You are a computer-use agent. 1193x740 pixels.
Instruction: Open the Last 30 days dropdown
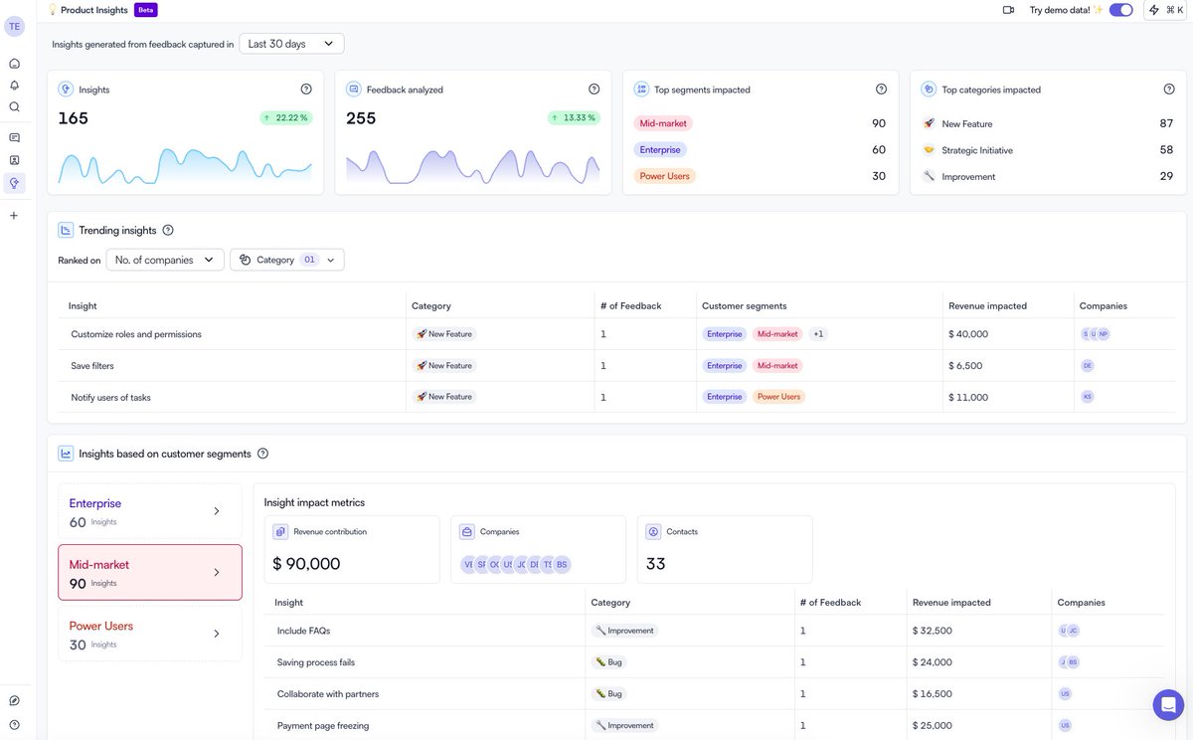[291, 44]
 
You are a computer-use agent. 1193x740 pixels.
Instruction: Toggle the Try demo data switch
[1120, 10]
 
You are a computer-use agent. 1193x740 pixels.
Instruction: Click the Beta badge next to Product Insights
[145, 10]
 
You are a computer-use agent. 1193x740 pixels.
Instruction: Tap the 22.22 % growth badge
[285, 117]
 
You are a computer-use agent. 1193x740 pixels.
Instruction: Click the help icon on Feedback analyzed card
[594, 90]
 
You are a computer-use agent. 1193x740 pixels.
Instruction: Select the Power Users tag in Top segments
[665, 176]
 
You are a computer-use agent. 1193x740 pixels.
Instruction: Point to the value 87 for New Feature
[1166, 123]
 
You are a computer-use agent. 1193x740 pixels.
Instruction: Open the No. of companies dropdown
[164, 260]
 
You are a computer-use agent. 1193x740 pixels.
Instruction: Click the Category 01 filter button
[286, 260]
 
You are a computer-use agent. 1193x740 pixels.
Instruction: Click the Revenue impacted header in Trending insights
[987, 306]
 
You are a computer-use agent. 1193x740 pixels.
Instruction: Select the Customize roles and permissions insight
[136, 334]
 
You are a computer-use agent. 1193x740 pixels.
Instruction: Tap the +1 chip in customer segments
[818, 334]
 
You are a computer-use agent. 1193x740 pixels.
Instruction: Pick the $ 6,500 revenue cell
[965, 366]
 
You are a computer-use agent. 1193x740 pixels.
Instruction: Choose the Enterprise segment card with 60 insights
[149, 511]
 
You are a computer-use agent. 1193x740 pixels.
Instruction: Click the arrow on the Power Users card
[217, 634]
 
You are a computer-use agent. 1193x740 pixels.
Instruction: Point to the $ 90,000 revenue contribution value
[306, 564]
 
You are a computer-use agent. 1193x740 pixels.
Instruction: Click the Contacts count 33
[656, 564]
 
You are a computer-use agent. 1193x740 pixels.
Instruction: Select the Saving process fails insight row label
[315, 662]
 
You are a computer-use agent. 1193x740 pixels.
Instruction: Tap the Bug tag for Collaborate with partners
[608, 694]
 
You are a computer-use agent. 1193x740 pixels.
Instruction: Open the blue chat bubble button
[1168, 705]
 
